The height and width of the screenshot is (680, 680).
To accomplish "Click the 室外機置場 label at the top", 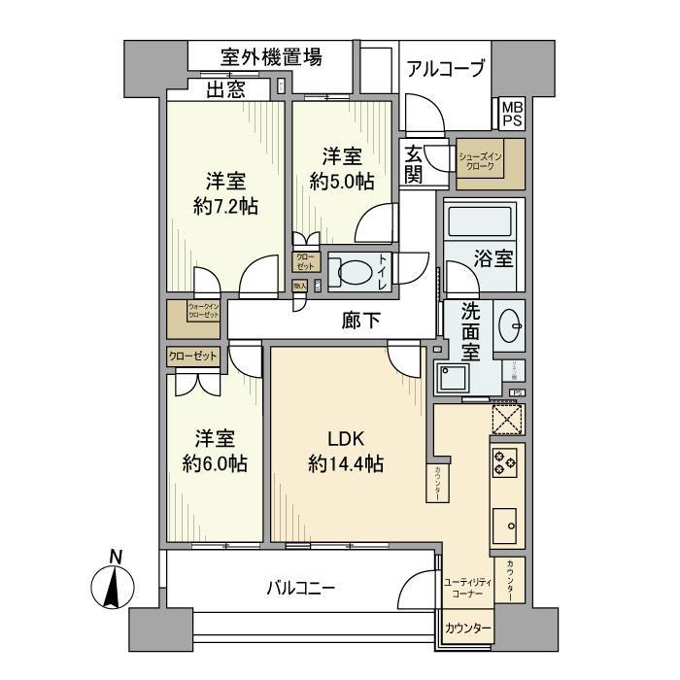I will click(257, 57).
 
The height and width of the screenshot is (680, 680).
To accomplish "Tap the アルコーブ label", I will click(444, 69).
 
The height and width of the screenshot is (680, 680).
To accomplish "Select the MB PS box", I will click(511, 115).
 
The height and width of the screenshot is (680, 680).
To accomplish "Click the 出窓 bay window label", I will click(224, 90).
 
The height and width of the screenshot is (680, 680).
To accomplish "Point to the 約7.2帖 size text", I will click(224, 206).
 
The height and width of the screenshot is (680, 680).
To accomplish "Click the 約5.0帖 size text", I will click(342, 181).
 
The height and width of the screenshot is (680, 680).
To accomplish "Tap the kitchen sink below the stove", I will click(507, 526).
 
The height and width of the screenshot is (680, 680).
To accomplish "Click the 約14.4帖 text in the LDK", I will click(345, 463).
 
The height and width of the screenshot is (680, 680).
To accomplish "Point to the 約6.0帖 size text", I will click(214, 463).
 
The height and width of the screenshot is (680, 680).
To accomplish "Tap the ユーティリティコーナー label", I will click(468, 587).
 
